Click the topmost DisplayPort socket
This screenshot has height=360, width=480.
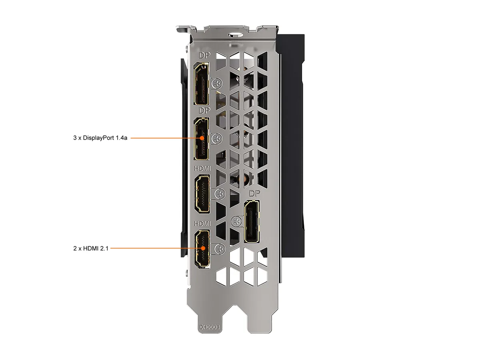[202, 84]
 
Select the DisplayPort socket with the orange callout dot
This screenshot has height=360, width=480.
[202, 139]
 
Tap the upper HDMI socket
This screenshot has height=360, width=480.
[202, 194]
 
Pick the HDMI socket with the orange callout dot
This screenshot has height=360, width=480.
[202, 249]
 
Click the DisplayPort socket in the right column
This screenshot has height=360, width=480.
[252, 222]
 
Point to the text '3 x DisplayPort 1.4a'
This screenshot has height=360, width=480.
[100, 138]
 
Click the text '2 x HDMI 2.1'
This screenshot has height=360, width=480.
[91, 248]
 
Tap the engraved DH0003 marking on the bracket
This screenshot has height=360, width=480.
[210, 327]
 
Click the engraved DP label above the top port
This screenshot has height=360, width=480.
[205, 55]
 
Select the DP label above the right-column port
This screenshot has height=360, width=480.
[255, 193]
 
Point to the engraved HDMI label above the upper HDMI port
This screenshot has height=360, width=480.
[203, 168]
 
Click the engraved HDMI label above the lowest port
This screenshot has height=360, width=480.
[203, 223]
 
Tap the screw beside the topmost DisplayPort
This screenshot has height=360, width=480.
[217, 83]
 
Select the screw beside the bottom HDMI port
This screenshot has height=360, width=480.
[220, 249]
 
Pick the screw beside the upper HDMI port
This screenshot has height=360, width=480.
[220, 194]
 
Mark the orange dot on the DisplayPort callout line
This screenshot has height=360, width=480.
[202, 138]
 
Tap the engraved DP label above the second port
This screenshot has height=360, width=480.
[205, 110]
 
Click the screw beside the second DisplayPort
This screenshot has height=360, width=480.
[217, 138]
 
